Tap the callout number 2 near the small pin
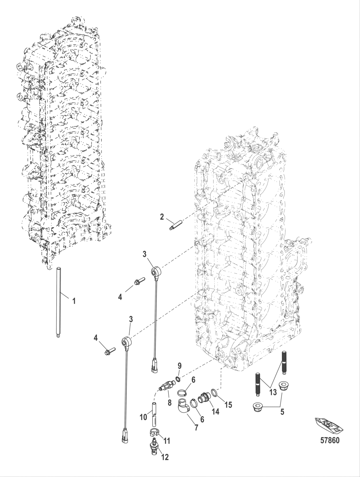click(162, 217)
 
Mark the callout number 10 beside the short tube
click(143, 417)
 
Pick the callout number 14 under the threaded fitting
click(215, 411)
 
